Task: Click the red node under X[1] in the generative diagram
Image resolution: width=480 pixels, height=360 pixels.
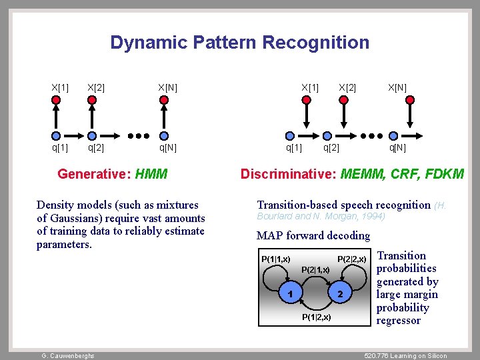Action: click(57, 100)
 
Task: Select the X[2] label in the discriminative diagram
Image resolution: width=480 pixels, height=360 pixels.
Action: click(347, 87)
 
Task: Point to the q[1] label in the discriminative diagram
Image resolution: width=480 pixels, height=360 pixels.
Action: click(293, 147)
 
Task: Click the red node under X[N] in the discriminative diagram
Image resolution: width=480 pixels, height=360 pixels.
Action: click(410, 100)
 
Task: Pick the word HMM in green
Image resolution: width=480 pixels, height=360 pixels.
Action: click(151, 175)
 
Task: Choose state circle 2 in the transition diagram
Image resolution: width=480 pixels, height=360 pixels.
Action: click(340, 293)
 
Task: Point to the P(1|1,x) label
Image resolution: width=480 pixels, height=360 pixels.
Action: click(275, 259)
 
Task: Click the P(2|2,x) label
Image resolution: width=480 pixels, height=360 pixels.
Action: click(351, 259)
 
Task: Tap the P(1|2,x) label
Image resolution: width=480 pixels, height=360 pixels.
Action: click(317, 317)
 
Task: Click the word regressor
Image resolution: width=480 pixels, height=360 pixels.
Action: click(399, 321)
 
